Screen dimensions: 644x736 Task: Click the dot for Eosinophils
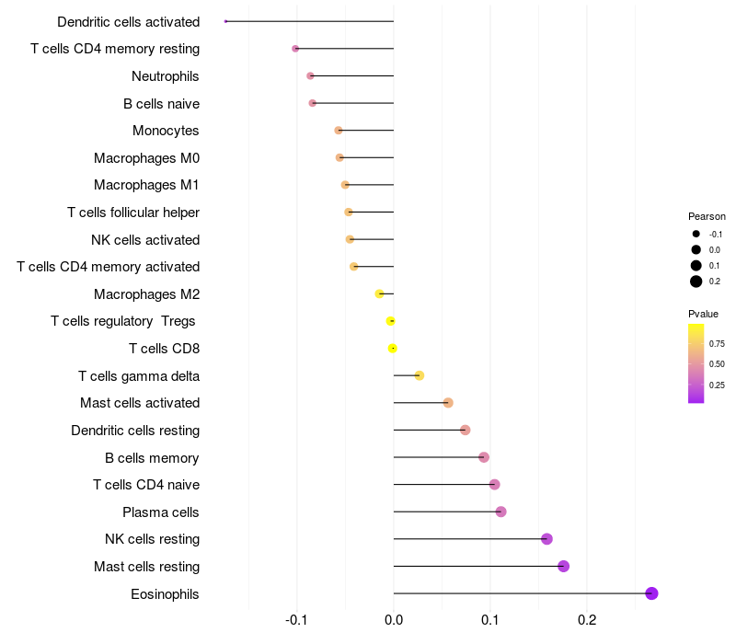point(651,593)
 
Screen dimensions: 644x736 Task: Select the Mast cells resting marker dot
point(563,566)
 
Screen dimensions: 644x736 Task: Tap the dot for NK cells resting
point(546,539)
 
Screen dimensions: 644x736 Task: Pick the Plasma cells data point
point(500,512)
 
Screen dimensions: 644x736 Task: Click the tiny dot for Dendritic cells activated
point(225,21)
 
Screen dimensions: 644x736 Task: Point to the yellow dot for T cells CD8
point(393,348)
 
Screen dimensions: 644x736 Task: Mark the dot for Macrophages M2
point(379,293)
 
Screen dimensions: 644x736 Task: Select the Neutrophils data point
point(310,75)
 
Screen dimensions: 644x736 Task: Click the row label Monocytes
point(166,131)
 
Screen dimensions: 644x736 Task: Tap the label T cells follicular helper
point(133,213)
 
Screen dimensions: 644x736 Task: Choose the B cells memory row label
point(152,457)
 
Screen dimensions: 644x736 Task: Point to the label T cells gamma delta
point(139,375)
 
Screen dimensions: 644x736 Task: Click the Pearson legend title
point(707,216)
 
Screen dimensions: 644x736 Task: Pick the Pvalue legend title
point(704,314)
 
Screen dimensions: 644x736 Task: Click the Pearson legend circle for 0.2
point(696,282)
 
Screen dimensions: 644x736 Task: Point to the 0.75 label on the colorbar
point(717,344)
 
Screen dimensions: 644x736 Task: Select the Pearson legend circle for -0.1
point(696,234)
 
